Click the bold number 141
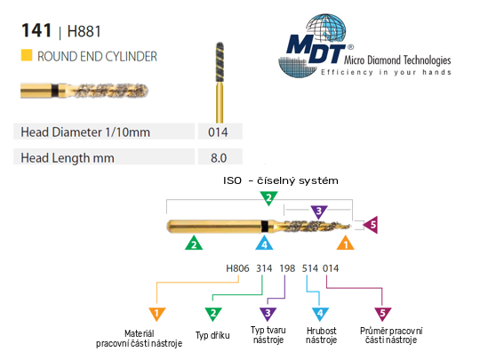[x=36, y=30]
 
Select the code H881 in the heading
[x=84, y=31]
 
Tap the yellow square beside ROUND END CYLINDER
[x=27, y=55]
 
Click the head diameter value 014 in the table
[x=218, y=132]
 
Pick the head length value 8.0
[x=219, y=158]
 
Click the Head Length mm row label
[x=68, y=158]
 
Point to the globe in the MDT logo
[x=326, y=28]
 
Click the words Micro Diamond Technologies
[x=397, y=60]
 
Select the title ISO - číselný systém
[x=281, y=180]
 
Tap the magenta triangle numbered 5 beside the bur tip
[x=371, y=225]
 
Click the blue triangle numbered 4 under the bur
[x=264, y=244]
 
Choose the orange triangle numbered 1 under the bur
[x=346, y=244]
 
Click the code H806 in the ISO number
[x=237, y=268]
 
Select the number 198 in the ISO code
[x=287, y=268]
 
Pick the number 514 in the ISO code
[x=310, y=268]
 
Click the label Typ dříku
[x=212, y=336]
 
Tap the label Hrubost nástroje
[x=322, y=335]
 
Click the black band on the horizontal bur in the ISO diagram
[x=265, y=226]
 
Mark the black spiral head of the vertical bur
[x=220, y=62]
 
